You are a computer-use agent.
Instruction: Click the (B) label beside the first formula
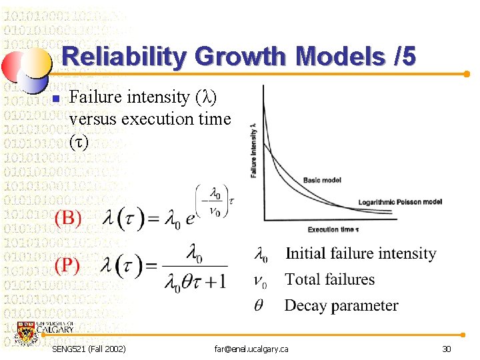click(x=68, y=217)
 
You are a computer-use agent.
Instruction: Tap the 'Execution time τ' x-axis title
click(x=333, y=229)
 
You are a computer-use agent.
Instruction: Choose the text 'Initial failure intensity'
click(x=361, y=253)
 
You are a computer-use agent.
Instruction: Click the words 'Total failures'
click(x=330, y=279)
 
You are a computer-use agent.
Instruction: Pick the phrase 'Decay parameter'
click(x=341, y=305)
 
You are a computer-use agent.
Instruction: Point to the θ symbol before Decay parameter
click(x=259, y=306)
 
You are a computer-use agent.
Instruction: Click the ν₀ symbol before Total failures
click(x=261, y=281)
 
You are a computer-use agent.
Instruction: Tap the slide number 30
click(x=446, y=349)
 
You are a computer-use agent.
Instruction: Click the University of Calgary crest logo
click(x=28, y=333)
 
